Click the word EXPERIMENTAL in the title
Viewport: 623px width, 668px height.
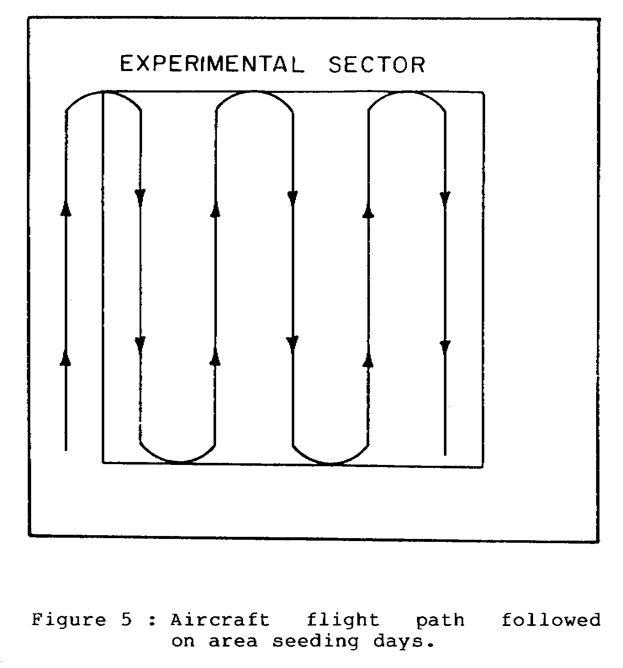click(212, 64)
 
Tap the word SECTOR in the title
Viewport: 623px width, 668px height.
click(377, 64)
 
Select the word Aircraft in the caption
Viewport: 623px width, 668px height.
click(220, 620)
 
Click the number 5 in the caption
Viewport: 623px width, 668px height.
click(127, 620)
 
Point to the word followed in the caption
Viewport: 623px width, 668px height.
click(552, 620)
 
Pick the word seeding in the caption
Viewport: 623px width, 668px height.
click(316, 642)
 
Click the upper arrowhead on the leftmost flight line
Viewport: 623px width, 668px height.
click(66, 208)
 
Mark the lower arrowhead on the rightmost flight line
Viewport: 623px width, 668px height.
click(445, 349)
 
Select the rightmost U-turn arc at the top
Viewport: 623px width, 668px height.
click(407, 92)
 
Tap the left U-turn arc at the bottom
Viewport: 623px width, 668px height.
click(178, 462)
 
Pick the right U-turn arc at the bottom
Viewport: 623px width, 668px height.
click(331, 463)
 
